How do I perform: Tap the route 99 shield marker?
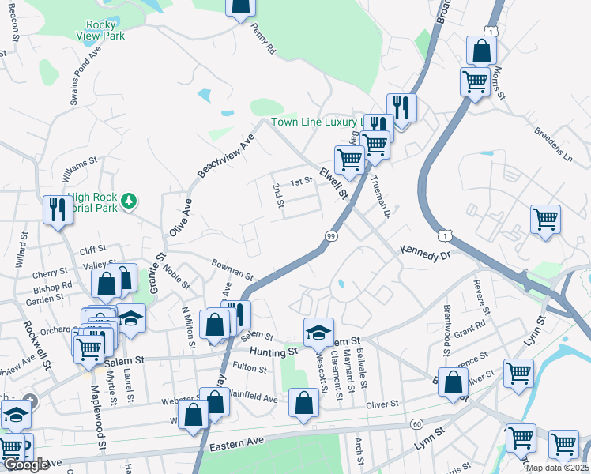[x=331, y=236]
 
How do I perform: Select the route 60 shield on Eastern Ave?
[x=416, y=424]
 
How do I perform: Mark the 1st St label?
[x=302, y=182]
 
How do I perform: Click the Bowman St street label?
[x=232, y=270]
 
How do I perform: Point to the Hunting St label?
[x=273, y=350]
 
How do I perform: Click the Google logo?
[x=26, y=465]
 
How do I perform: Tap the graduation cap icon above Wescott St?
[x=318, y=333]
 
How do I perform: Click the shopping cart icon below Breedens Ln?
[x=545, y=219]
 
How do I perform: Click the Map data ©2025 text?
[x=558, y=468]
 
